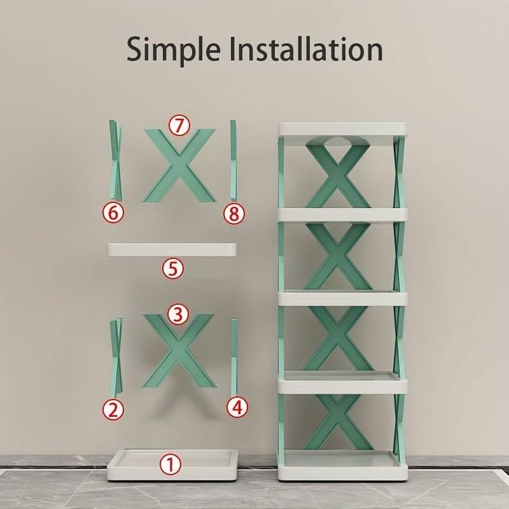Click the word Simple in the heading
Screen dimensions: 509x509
174,50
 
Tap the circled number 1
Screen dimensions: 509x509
171,464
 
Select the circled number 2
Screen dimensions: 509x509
113,410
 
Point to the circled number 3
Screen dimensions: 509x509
178,314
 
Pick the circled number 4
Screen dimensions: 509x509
237,407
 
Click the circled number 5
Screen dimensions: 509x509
173,268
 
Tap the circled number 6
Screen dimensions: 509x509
113,213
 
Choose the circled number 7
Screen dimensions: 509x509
179,125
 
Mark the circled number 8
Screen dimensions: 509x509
234,214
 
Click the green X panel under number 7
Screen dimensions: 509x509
179,166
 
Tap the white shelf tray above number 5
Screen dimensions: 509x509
172,249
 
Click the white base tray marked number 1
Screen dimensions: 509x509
172,465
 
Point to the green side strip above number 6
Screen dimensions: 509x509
116,160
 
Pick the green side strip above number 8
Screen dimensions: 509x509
234,160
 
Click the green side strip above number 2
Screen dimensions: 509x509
116,356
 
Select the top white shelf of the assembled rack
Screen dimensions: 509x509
342,129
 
